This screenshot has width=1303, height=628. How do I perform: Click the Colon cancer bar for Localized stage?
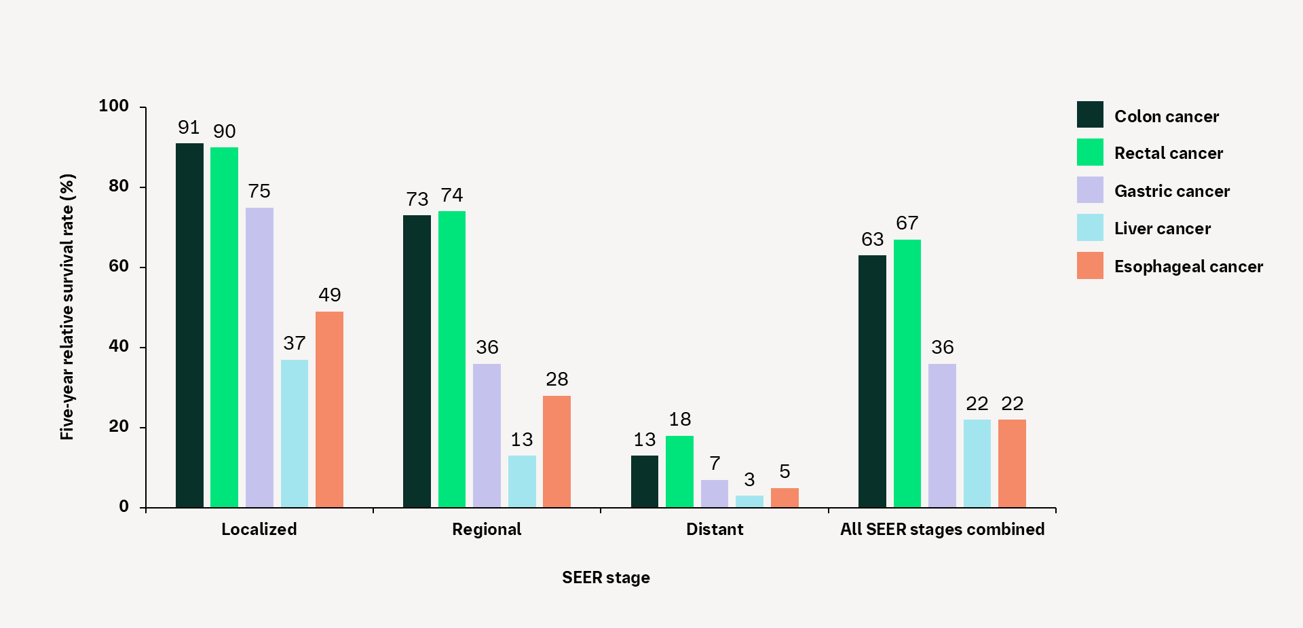tap(189, 325)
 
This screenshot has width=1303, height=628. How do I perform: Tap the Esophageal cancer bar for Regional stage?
tap(556, 451)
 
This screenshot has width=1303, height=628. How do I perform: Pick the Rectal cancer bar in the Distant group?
tap(679, 471)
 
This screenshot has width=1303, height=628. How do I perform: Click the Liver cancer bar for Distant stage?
tap(749, 502)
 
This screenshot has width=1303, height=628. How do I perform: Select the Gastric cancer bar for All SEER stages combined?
tap(942, 435)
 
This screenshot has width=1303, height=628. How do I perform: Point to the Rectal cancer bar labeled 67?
tap(907, 373)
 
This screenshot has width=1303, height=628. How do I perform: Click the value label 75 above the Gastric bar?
tap(259, 191)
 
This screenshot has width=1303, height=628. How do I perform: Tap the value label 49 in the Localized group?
tap(330, 295)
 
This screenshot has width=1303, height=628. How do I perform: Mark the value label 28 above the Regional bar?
tap(557, 380)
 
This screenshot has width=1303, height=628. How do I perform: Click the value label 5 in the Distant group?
tap(785, 472)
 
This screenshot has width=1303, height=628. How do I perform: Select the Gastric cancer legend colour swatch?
tap(1090, 190)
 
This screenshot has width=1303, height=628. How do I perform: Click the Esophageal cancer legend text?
tap(1188, 267)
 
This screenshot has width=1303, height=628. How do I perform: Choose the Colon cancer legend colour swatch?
tap(1090, 115)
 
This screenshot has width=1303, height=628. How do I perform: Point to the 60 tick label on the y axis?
tap(119, 266)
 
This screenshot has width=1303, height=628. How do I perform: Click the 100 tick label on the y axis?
tap(114, 106)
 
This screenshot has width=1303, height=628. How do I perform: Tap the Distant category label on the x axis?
tap(715, 530)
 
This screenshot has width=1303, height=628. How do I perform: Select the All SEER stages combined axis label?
tap(942, 530)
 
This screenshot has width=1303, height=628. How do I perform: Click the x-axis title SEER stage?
tap(606, 578)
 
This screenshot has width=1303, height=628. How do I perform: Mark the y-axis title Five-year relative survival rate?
tap(67, 307)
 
